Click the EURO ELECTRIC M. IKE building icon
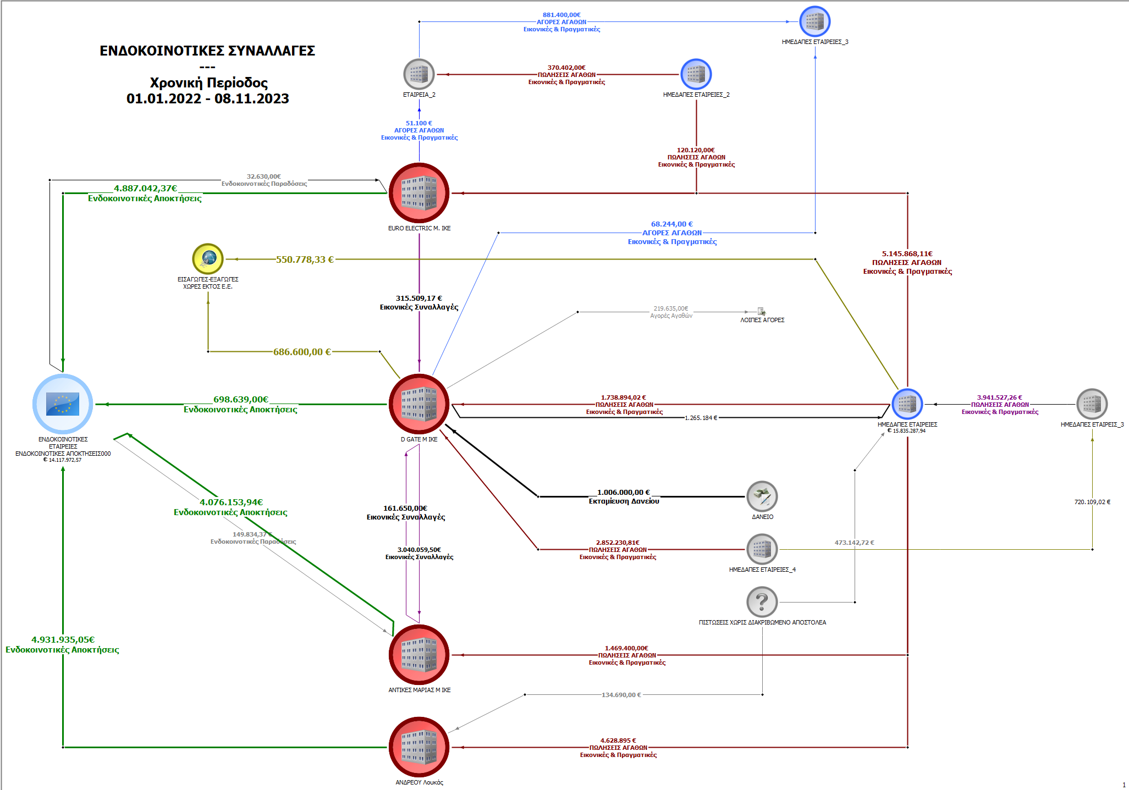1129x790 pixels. coord(419,193)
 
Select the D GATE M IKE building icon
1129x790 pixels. coord(419,404)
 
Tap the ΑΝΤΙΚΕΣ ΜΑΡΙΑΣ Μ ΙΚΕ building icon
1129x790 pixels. coord(419,655)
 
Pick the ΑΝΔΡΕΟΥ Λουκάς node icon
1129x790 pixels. coord(419,747)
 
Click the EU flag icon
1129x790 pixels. coord(63,404)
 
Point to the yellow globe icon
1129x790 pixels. coord(208,258)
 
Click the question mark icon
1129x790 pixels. coord(762,602)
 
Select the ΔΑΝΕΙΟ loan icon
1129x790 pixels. coord(762,496)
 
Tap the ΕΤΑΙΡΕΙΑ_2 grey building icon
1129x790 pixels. coord(419,74)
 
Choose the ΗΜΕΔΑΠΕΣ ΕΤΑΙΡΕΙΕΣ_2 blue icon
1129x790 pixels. coord(696,74)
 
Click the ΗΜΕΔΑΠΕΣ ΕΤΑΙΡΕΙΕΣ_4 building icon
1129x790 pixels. coord(762,549)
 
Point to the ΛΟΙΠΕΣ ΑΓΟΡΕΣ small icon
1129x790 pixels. coord(762,312)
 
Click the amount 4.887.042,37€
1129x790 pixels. coord(145,189)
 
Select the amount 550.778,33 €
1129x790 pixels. coord(305,259)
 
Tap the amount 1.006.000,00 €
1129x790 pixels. coord(624,493)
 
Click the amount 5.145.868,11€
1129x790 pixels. coord(907,254)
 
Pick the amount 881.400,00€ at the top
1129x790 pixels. coord(561,15)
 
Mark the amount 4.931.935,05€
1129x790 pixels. coord(63,640)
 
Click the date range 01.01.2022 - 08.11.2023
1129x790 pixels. coord(208,98)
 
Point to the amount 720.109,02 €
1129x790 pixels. coord(1092,502)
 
